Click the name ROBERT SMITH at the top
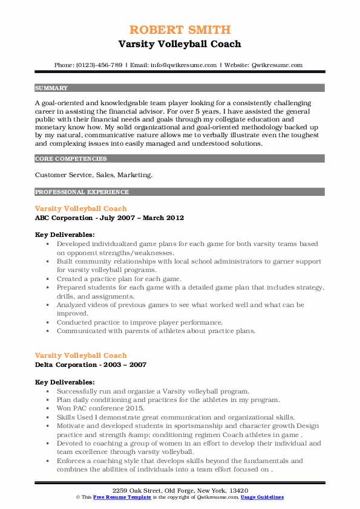pos(180,30)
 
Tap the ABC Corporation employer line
pos(110,218)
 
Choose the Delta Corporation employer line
pos(91,365)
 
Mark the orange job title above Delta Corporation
pos(81,355)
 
